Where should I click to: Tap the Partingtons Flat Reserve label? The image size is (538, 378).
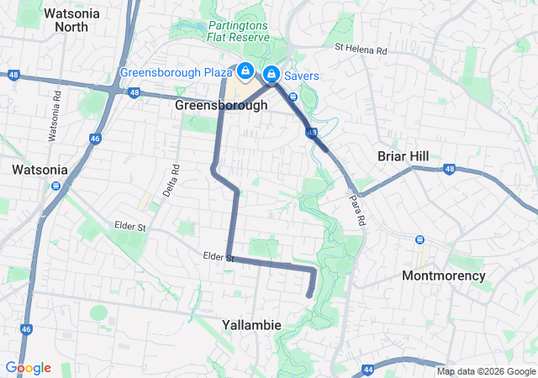(239, 30)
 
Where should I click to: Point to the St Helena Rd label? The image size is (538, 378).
(361, 51)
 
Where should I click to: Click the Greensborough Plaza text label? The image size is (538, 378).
(177, 72)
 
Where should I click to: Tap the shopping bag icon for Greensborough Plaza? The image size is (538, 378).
(245, 71)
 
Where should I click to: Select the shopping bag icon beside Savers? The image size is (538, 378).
(272, 74)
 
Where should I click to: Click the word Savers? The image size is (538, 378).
(300, 76)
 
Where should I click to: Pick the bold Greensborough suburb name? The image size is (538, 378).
(222, 106)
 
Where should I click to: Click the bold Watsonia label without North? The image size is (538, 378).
(40, 170)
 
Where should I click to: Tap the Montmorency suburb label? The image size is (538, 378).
(444, 276)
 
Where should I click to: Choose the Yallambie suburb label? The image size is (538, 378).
(251, 324)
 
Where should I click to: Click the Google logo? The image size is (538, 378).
(28, 368)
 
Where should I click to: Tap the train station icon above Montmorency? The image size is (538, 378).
(419, 239)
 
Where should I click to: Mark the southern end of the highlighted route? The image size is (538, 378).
(309, 295)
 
